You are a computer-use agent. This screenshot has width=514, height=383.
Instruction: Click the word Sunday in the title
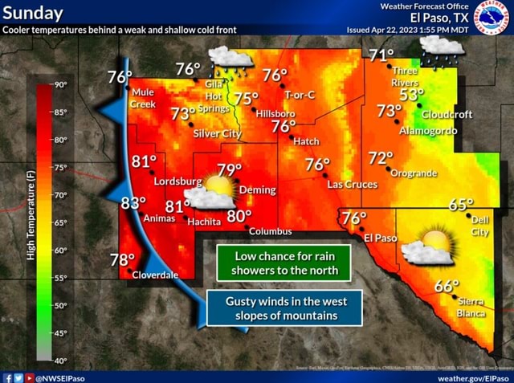pyautogui.click(x=32, y=14)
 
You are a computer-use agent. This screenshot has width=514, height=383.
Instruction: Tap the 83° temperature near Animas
pyautogui.click(x=133, y=204)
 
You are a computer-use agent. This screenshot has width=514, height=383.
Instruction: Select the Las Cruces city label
pyautogui.click(x=352, y=185)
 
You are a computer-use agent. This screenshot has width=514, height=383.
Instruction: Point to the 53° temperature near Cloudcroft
pyautogui.click(x=412, y=95)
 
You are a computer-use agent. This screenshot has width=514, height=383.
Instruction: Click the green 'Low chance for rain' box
pyautogui.click(x=284, y=263)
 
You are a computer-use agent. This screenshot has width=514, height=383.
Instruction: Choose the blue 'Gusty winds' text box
pyautogui.click(x=284, y=308)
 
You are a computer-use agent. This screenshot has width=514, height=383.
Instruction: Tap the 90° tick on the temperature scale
pyautogui.click(x=60, y=84)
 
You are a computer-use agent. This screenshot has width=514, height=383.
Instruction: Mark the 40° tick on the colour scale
pyautogui.click(x=60, y=361)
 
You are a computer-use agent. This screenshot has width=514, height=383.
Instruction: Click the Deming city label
pyautogui.click(x=258, y=190)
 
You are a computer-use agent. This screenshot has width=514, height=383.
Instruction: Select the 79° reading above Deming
pyautogui.click(x=230, y=170)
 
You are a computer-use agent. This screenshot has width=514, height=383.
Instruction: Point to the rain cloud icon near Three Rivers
pyautogui.click(x=442, y=50)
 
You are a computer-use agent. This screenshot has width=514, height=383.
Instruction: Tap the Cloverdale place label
pyautogui.click(x=154, y=275)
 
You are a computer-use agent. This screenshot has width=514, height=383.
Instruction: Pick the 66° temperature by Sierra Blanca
pyautogui.click(x=447, y=287)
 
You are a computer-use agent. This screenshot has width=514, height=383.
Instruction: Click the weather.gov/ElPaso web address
pyautogui.click(x=474, y=377)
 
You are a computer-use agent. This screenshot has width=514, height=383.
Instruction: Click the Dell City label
pyautogui.click(x=479, y=226)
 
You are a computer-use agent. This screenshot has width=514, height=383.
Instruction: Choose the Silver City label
pyautogui.click(x=218, y=133)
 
